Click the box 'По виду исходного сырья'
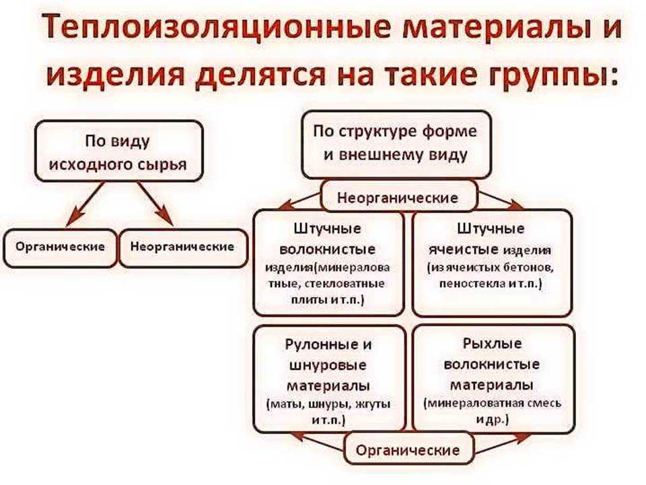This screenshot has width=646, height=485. click(x=118, y=152)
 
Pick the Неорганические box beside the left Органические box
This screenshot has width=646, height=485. click(x=182, y=246)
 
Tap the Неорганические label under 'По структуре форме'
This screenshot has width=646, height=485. click(x=398, y=198)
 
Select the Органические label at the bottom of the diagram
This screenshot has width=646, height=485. click(x=408, y=449)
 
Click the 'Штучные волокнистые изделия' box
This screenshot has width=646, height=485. click(x=329, y=263)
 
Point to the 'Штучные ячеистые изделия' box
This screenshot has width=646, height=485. click(x=491, y=263)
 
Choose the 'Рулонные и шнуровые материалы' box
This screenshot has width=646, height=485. click(x=329, y=379)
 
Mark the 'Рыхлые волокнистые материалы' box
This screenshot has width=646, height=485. click(x=493, y=379)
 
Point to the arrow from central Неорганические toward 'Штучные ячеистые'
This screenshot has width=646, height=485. click(x=501, y=198)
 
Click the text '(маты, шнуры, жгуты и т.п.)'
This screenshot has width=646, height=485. click(x=329, y=412)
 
